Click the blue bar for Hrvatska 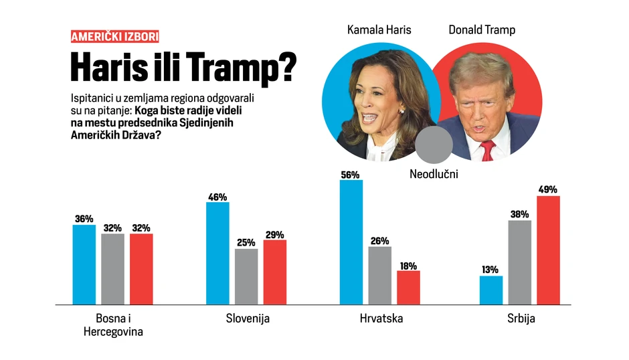(351, 242)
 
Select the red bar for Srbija (548, 250)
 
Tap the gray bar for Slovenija (246, 276)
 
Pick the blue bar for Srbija (491, 290)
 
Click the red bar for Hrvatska (408, 288)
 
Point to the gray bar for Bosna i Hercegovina (112, 269)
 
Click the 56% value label (350, 175)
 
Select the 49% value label (547, 189)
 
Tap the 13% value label (490, 270)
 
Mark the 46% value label (217, 197)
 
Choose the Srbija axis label (521, 319)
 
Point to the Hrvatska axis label (381, 319)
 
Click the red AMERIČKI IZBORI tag (114, 37)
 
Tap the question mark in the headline (286, 68)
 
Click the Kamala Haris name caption (379, 30)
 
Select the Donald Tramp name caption (482, 30)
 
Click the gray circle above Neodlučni (434, 144)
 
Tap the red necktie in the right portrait (486, 150)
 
